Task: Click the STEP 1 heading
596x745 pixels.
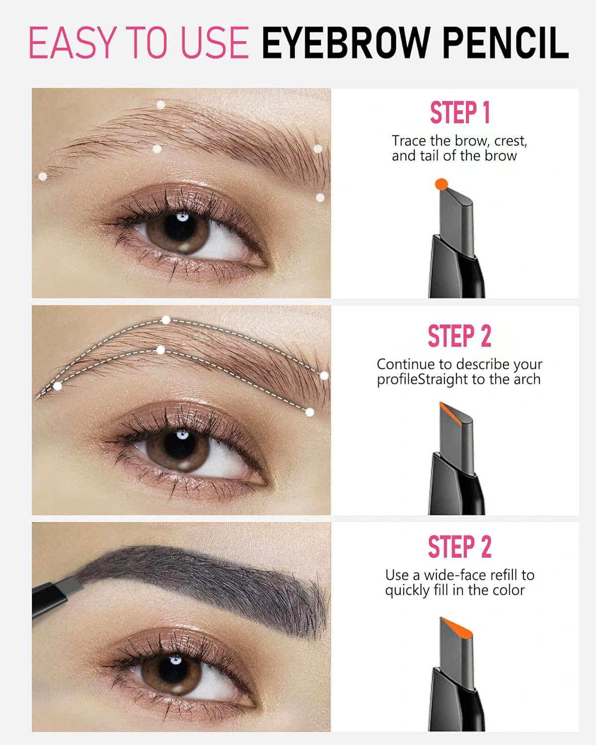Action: coord(459,112)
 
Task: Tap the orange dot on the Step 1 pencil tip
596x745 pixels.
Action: coord(441,184)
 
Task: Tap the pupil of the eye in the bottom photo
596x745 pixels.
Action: coord(175,669)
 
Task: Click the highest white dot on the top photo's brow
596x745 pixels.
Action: coord(160,105)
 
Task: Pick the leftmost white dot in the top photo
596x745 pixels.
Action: coord(43,176)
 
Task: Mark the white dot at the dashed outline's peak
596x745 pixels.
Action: coord(166,320)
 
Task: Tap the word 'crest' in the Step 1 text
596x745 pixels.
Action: coord(510,142)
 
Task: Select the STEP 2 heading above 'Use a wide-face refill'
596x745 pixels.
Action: coord(459,547)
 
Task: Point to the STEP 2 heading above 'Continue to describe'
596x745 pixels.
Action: coord(459,336)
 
